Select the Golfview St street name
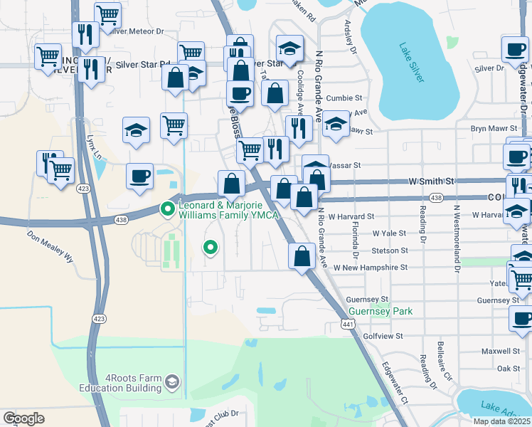coord(383,335)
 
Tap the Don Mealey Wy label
coord(50,246)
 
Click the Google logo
coord(23,418)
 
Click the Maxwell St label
coord(500,351)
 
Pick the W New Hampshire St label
coord(369,268)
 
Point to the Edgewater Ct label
coord(393,385)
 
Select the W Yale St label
coord(389,233)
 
